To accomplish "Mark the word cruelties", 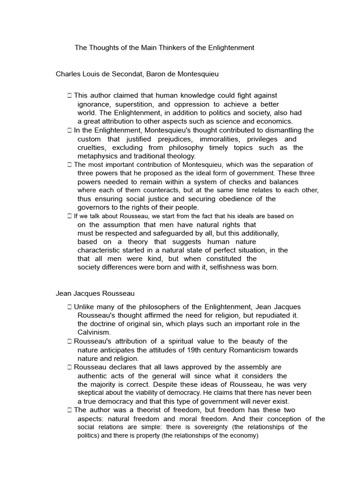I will (x=92, y=148).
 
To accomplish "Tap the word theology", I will (x=180, y=156).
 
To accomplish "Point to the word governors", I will (x=94, y=207).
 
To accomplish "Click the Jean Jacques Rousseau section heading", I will (x=95, y=293).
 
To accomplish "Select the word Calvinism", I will (x=94, y=332).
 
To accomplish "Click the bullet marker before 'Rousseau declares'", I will (x=69, y=367).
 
